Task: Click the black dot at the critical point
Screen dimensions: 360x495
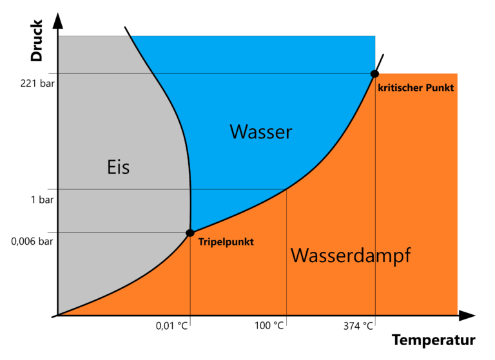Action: tap(374, 74)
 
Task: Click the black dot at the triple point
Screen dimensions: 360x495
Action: tap(190, 232)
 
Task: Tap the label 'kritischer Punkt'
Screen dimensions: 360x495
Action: tap(416, 88)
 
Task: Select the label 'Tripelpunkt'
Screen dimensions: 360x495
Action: tap(226, 242)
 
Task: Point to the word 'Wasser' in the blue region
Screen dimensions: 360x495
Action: tap(261, 133)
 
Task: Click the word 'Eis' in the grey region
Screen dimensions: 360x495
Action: tap(118, 167)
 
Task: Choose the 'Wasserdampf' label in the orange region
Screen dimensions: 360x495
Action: tap(351, 256)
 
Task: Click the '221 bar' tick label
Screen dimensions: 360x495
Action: tap(33, 84)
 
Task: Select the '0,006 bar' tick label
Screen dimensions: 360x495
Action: tap(32, 242)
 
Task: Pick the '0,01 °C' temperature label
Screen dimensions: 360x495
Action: tap(172, 326)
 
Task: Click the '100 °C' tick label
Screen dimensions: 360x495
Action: tap(269, 326)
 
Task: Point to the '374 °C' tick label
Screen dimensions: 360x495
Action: tap(358, 326)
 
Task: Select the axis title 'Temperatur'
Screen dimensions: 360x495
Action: tap(433, 340)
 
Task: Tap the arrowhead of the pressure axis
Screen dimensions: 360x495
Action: tap(58, 19)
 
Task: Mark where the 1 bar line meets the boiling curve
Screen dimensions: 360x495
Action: tap(286, 189)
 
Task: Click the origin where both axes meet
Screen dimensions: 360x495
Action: tap(58, 316)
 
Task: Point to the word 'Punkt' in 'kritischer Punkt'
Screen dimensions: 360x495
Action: tap(438, 88)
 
